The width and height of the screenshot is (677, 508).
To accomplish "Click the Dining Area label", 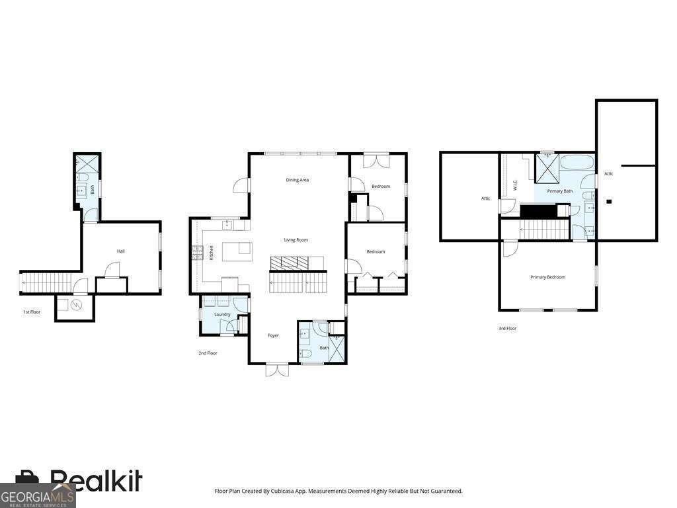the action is click(297, 180).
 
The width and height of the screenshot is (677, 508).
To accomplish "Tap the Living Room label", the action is click(296, 239).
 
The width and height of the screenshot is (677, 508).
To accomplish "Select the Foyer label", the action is click(273, 335).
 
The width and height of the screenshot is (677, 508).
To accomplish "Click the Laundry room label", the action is click(222, 314).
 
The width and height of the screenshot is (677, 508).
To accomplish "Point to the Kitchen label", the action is click(211, 252).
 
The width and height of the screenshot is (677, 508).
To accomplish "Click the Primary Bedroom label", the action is click(547, 277).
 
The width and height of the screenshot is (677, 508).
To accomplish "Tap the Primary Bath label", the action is click(559, 191).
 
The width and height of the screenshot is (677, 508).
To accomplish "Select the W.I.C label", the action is click(514, 185).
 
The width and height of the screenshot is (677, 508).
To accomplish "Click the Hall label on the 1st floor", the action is click(121, 251).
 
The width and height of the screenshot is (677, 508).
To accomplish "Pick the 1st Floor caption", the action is click(32, 312).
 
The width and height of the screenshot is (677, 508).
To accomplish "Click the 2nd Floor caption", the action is click(208, 353).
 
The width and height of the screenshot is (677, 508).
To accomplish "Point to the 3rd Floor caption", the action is click(507, 328).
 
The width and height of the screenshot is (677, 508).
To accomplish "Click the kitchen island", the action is click(237, 251).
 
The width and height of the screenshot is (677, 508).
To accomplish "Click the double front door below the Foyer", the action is click(277, 370).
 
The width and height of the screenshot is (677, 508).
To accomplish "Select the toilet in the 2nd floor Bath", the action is click(305, 355).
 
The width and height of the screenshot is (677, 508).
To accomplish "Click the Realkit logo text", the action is click(96, 480).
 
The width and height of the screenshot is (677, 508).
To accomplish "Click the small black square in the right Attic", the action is click(609, 201).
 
